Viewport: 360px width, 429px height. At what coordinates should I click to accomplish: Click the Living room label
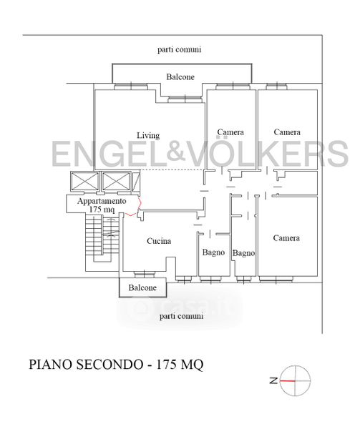click(x=148, y=135)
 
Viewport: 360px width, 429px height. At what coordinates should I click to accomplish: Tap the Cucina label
click(x=159, y=241)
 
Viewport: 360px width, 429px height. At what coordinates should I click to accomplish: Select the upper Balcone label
click(x=180, y=77)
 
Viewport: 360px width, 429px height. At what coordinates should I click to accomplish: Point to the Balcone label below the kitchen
click(x=142, y=287)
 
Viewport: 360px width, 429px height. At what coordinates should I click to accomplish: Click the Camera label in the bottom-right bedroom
click(x=286, y=238)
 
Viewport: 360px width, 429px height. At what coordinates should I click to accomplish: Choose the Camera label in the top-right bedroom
click(x=287, y=132)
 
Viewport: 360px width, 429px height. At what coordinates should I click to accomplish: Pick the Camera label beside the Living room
click(x=230, y=132)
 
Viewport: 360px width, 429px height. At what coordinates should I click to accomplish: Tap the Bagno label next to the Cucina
click(x=213, y=252)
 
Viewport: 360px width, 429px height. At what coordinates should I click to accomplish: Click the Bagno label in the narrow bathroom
click(x=243, y=253)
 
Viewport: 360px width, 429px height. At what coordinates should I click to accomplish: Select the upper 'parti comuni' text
click(x=180, y=49)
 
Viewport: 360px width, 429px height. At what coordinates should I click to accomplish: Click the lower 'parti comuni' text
click(x=181, y=316)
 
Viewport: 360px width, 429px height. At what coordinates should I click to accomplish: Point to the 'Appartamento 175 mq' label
click(x=102, y=205)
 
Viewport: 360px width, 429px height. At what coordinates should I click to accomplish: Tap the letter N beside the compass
click(x=273, y=380)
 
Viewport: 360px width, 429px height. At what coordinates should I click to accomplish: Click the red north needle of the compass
click(x=287, y=380)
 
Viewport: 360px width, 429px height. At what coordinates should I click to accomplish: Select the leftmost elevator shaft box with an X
click(x=84, y=182)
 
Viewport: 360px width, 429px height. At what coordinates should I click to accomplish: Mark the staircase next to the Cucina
click(x=102, y=239)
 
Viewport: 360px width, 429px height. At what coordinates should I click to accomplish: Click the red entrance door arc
click(x=136, y=207)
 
